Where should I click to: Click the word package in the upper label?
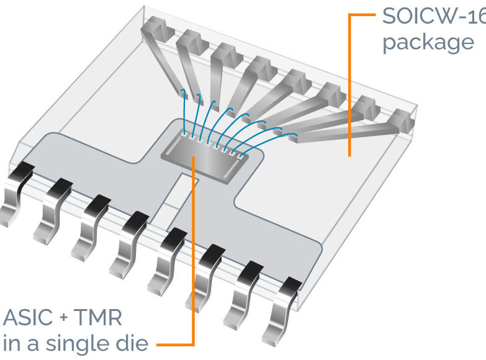pyautogui.click(x=428, y=43)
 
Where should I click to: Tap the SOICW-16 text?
pyautogui.click(x=433, y=16)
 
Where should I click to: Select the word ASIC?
pyautogui.click(x=30, y=318)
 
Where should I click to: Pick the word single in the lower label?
pyautogui.click(x=92, y=343)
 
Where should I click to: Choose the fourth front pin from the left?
pyautogui.click(x=127, y=245)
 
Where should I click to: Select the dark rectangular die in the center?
pyautogui.click(x=205, y=150)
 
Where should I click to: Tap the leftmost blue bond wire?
pyautogui.click(x=184, y=112)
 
